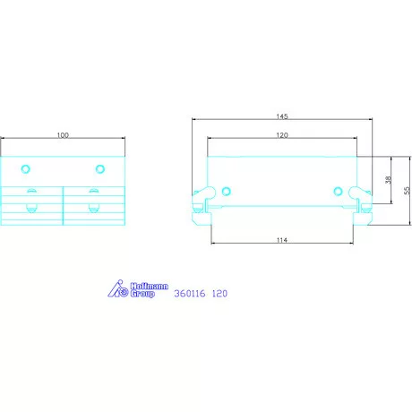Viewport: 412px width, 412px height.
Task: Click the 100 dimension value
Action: coord(63,134)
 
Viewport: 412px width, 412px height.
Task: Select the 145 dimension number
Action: coord(282,116)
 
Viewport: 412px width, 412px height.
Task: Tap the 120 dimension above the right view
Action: coord(282,134)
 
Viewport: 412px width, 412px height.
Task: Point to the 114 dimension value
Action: coord(282,240)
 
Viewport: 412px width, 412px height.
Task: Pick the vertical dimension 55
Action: coord(406,190)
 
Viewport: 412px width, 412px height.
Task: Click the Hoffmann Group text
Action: coord(148,290)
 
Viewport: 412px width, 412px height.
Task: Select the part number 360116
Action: coord(189,293)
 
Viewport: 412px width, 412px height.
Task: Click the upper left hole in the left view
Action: coord(26,168)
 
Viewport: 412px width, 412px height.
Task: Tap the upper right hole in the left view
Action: coord(99,168)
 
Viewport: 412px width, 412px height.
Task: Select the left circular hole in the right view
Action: coord(226,190)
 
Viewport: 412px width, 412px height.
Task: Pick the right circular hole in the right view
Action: coord(339,190)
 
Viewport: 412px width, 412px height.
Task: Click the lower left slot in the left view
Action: coord(32,209)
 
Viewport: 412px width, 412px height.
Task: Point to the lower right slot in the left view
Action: coord(93,209)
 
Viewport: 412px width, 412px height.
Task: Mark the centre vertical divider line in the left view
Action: coord(63,204)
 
